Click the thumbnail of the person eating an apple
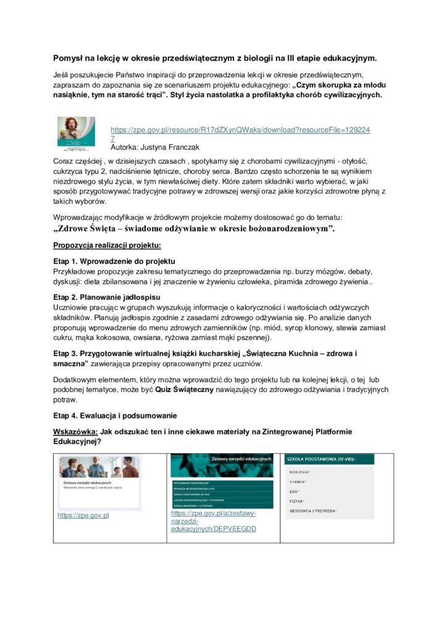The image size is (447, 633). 72,134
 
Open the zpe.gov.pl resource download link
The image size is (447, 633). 240,130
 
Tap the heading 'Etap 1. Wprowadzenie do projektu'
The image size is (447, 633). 115,261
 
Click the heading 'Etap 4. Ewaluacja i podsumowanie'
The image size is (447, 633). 115,415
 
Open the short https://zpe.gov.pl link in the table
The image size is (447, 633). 83,515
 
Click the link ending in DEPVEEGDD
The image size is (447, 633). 214,521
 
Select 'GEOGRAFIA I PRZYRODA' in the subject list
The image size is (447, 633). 314,511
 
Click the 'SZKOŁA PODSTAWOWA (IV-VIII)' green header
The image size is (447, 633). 320,459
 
